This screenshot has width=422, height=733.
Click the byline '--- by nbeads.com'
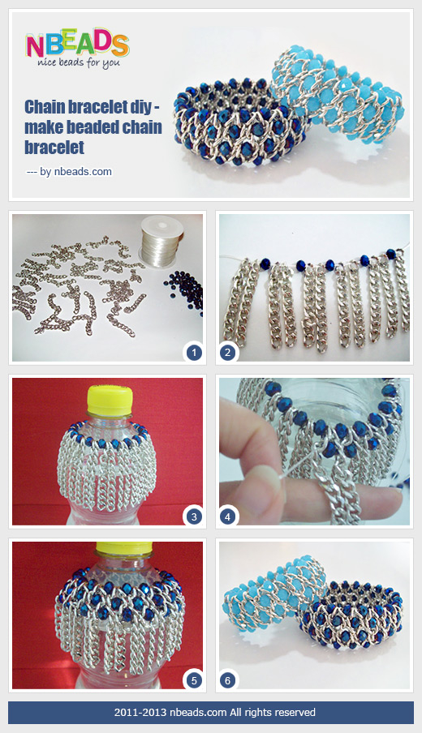(69, 171)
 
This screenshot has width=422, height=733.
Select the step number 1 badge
(193, 353)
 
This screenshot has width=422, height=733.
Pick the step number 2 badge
(228, 353)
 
